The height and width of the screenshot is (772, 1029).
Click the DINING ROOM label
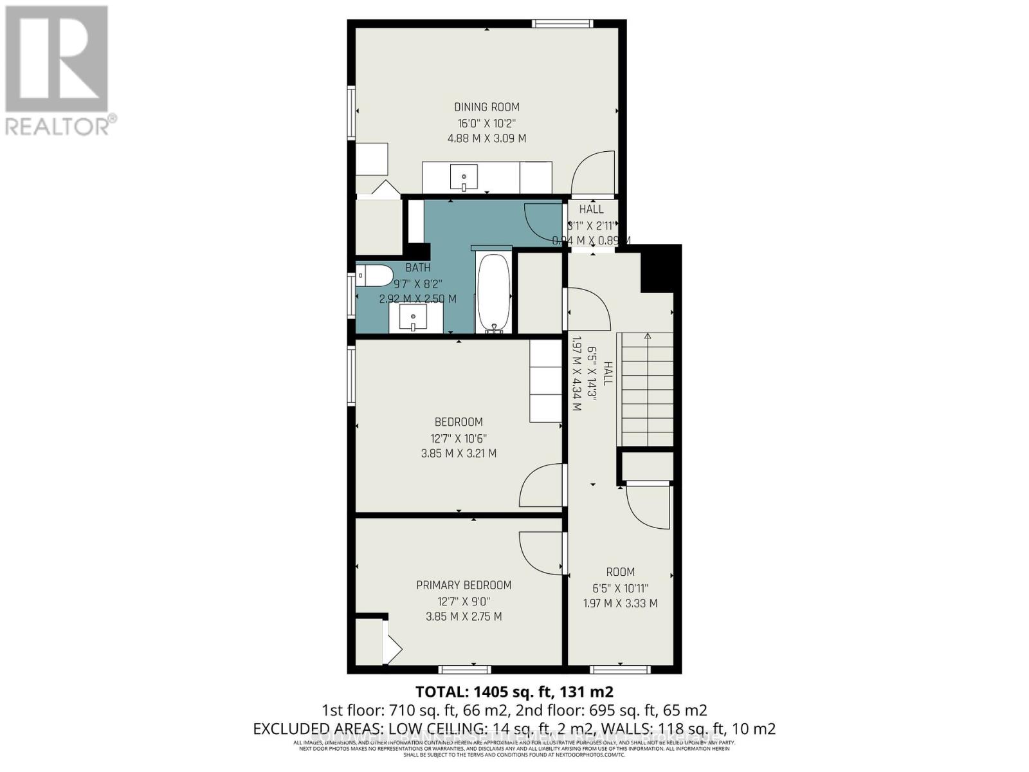[487, 107]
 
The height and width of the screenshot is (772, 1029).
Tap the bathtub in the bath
[493, 293]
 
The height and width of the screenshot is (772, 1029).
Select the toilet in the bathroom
[374, 275]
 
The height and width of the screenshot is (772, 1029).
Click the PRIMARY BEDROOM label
[464, 585]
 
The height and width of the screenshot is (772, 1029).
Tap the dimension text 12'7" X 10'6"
[459, 438]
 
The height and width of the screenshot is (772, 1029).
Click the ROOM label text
[620, 572]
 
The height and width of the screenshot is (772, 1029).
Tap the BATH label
[417, 268]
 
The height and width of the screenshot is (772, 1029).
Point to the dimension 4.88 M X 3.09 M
[487, 138]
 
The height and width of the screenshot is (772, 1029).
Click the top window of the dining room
[562, 24]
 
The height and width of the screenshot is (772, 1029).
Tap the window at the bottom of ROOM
[621, 670]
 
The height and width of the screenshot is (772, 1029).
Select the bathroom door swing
[543, 219]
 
